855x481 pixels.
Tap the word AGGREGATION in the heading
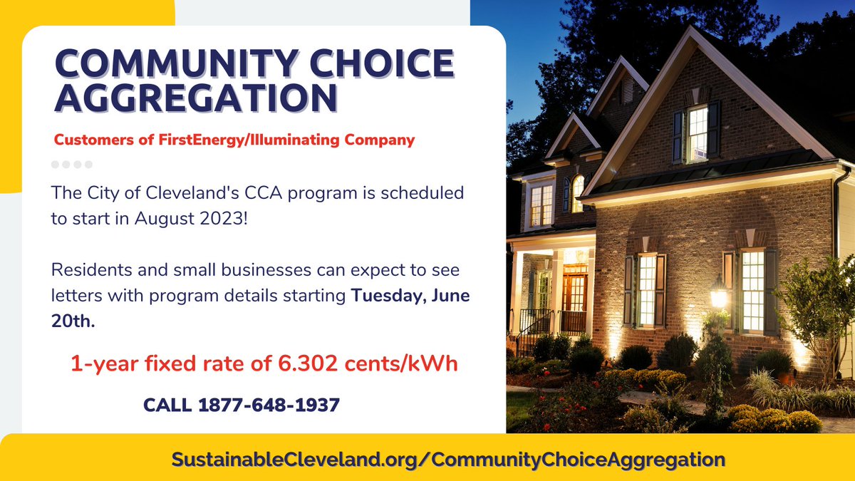click(x=196, y=98)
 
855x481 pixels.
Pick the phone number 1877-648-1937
click(x=269, y=405)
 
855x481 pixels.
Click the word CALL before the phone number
click(x=167, y=405)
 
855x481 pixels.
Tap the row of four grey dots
click(x=72, y=165)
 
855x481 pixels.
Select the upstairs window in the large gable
click(x=697, y=133)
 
